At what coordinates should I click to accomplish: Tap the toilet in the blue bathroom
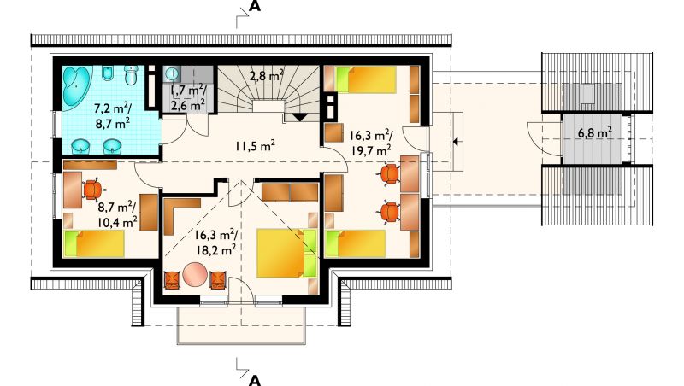pos(131,75)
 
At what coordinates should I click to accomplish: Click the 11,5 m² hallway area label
pos(255,145)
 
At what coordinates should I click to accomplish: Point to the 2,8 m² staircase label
pos(267,76)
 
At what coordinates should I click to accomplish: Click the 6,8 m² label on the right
pos(594,133)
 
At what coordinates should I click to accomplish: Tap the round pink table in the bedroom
pos(195,274)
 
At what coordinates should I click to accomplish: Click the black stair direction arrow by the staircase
pos(300,117)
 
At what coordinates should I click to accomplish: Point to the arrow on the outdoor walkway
pos(457,142)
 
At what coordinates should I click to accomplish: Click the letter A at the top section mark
pos(254,6)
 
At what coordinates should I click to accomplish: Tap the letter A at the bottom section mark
pos(254,380)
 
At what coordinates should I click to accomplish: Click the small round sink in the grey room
pos(172,73)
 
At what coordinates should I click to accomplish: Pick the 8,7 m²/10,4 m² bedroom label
pos(117,215)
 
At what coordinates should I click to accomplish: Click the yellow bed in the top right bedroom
pos(366,79)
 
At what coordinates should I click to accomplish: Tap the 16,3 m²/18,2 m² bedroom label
pos(215,243)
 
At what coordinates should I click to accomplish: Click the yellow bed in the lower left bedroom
pos(94,244)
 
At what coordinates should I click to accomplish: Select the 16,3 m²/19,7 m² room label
pos(370,143)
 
